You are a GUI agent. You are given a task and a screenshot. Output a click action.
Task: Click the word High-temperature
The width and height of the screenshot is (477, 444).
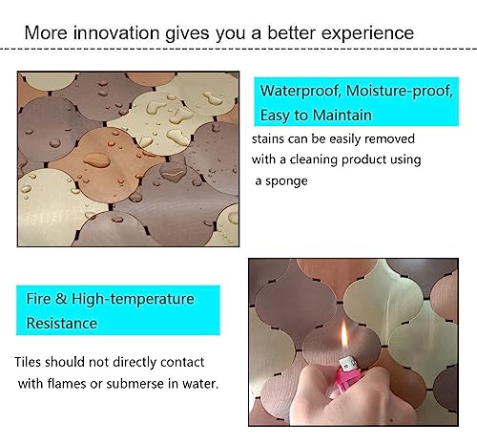[127, 300]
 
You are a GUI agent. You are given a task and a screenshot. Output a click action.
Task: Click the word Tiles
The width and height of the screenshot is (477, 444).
[32, 364]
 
